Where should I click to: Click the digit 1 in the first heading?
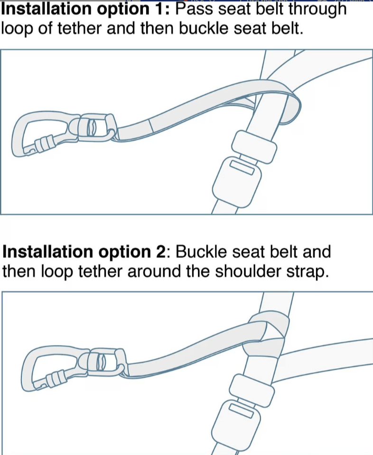158,9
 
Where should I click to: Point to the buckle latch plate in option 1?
254,146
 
